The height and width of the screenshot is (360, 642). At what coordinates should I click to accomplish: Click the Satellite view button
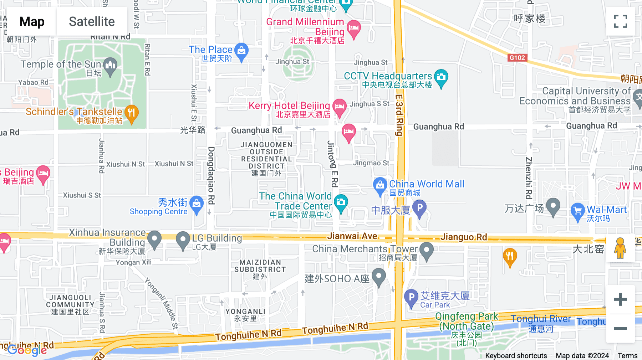point(92,21)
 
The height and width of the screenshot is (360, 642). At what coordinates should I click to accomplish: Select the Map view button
point(32,21)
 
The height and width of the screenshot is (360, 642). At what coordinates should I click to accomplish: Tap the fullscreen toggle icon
point(620,21)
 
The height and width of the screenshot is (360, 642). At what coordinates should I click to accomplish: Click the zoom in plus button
point(620,299)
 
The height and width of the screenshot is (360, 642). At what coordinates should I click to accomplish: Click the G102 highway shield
point(517,58)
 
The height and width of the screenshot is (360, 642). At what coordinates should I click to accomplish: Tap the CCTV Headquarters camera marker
point(441,77)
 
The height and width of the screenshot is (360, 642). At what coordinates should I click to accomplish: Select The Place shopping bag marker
point(241,51)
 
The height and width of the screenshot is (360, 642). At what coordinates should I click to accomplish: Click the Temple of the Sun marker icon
point(110,66)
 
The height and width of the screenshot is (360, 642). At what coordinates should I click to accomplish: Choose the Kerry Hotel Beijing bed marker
point(339,107)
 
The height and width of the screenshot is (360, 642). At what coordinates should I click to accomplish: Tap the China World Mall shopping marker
point(380,185)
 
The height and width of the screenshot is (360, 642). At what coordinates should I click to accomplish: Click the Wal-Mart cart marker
point(577,211)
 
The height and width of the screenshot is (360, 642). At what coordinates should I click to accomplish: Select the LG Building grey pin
point(183,240)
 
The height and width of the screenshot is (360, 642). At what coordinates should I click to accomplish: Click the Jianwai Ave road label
point(352,236)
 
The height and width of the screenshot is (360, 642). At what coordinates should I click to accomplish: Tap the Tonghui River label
point(540,319)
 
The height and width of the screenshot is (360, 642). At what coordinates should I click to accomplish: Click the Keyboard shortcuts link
point(516,355)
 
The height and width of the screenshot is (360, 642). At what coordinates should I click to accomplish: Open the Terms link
point(627,355)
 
